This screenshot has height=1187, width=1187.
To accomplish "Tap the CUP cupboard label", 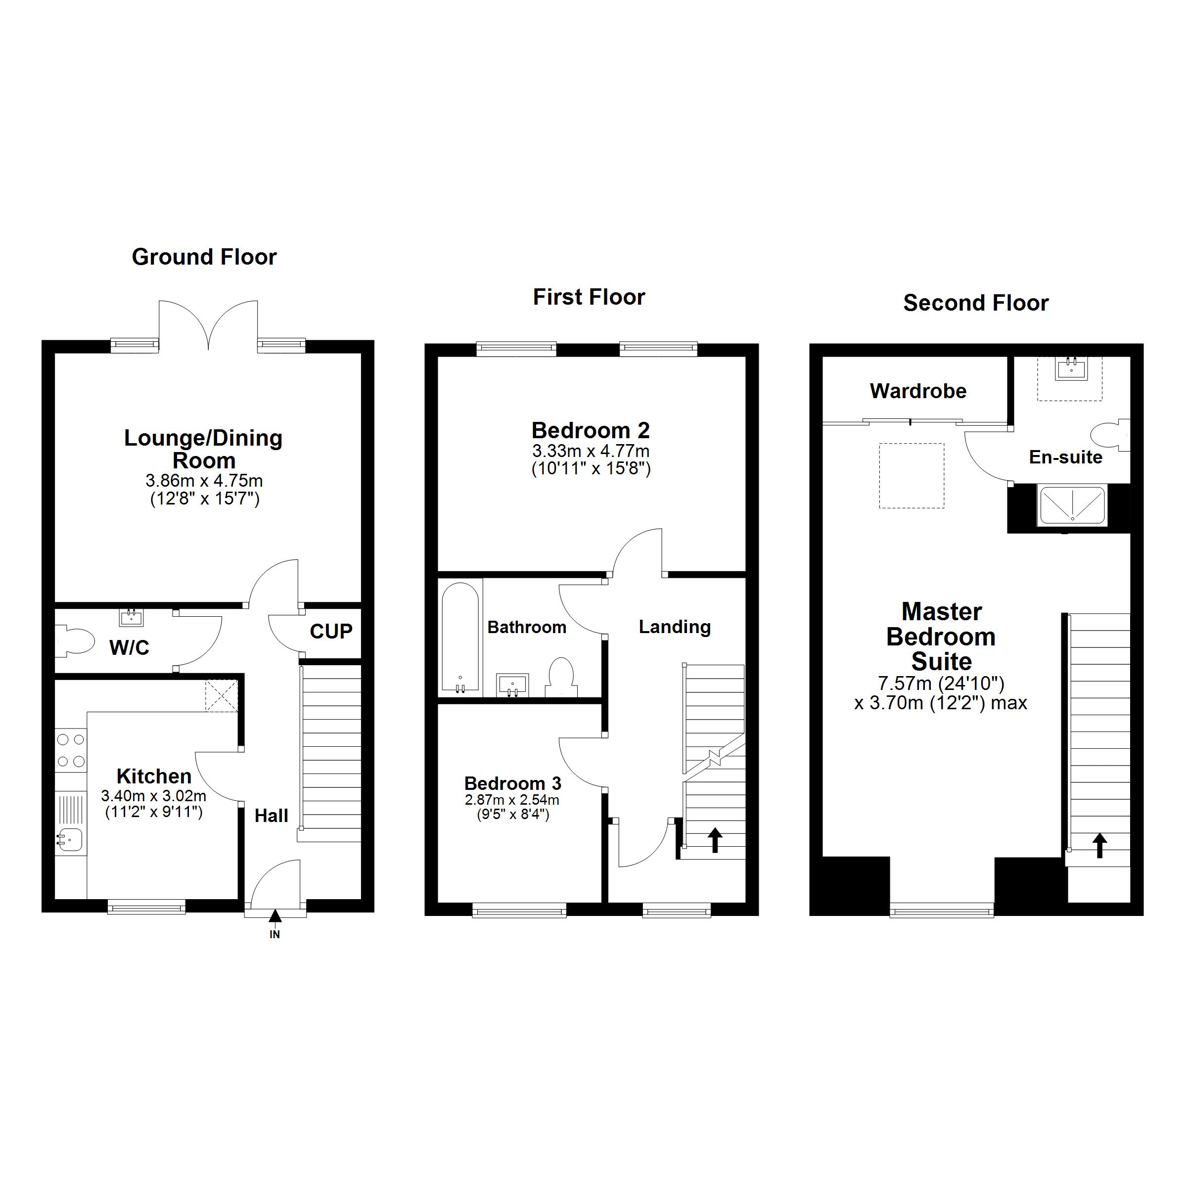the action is point(331,631).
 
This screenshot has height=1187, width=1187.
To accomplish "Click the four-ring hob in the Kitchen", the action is point(71,751).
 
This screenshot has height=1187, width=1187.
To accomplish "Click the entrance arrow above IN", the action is point(274,915).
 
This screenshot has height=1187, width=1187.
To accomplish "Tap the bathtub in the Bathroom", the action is point(460,638).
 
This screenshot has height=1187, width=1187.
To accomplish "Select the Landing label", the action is point(675,627).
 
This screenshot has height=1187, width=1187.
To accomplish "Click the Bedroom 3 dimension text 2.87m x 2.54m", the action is point(512,800).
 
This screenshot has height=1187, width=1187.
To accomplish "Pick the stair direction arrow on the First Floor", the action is point(715,840).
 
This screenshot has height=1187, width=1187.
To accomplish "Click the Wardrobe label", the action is point(918,391).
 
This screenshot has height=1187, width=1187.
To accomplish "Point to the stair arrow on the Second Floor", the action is point(1100,845).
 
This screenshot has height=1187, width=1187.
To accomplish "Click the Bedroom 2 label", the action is point(591,430).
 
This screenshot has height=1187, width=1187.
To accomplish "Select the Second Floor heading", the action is point(976,303).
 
